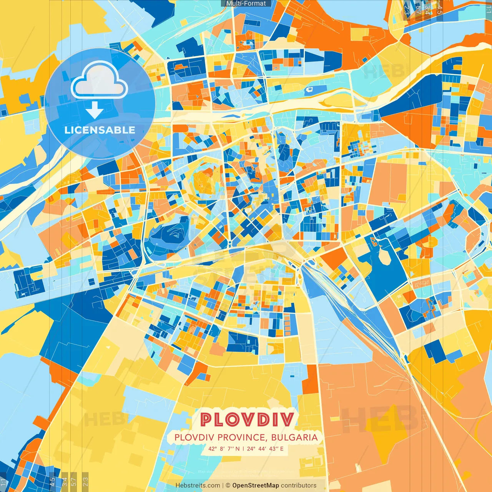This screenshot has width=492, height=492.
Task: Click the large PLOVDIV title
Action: coord(247,419)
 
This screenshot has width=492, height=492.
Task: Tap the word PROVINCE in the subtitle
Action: coord(242,437)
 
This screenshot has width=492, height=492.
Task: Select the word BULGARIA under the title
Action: coord(294,437)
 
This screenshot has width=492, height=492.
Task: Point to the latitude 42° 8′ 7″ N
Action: coord(224,449)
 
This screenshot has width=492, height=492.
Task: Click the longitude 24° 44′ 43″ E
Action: coord(265,449)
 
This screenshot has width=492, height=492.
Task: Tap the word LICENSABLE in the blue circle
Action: coord(100,130)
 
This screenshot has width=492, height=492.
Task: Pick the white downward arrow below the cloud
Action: coord(95,110)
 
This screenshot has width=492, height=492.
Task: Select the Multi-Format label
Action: coord(246,3)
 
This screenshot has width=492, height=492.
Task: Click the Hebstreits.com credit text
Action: coord(198,485)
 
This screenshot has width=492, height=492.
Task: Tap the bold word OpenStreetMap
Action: coord(256,485)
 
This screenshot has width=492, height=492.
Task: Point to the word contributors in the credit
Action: coord(299,485)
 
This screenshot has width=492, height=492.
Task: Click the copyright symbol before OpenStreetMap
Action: coord(228,485)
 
